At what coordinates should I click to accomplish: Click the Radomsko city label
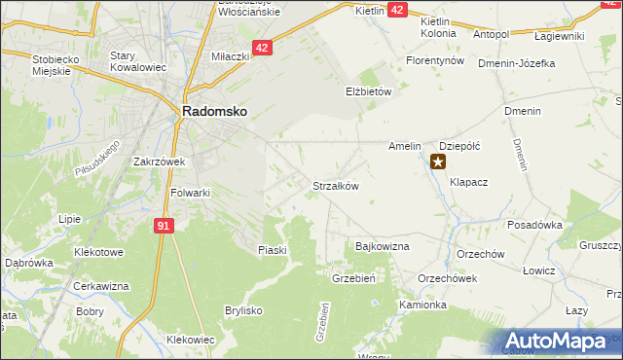(x=214, y=112)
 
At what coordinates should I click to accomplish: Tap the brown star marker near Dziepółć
(x=438, y=162)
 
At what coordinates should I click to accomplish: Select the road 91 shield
(x=165, y=226)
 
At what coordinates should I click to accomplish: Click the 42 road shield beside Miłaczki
(x=261, y=47)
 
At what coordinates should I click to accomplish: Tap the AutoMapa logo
(x=560, y=342)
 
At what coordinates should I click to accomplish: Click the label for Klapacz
(x=468, y=181)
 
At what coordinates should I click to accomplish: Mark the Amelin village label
(x=404, y=146)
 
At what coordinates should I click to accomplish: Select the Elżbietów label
(x=368, y=91)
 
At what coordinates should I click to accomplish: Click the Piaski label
(x=273, y=250)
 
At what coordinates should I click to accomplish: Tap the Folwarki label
(x=190, y=193)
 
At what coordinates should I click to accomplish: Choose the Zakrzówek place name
(x=160, y=162)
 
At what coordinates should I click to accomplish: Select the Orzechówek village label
(x=447, y=277)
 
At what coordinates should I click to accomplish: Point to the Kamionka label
(x=422, y=305)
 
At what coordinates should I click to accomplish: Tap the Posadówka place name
(x=535, y=224)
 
